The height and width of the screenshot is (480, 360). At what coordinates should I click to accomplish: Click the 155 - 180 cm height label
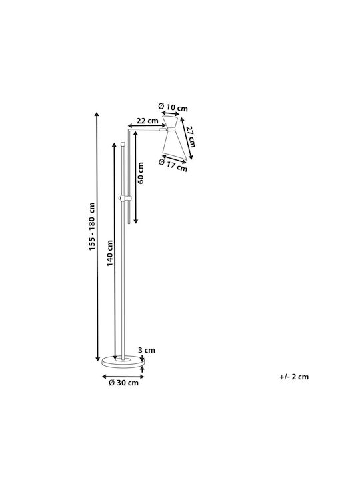[x=92, y=227]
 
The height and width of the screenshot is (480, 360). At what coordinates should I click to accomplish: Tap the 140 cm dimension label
[x=110, y=253]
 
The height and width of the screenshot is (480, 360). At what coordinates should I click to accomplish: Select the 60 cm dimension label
[x=141, y=173]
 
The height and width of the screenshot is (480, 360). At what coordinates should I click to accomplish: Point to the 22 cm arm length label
[x=147, y=121]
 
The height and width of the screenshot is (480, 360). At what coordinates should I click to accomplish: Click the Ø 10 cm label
[x=173, y=107]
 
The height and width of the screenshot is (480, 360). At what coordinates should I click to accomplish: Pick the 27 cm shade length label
[x=191, y=137]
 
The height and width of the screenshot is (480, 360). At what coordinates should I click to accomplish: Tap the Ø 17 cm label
[x=173, y=165]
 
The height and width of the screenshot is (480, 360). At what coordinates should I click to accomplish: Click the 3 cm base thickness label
[x=147, y=350]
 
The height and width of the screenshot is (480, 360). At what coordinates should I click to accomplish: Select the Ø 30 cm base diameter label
[x=124, y=383]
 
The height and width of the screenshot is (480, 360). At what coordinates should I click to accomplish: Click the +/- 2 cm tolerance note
[x=294, y=377]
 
